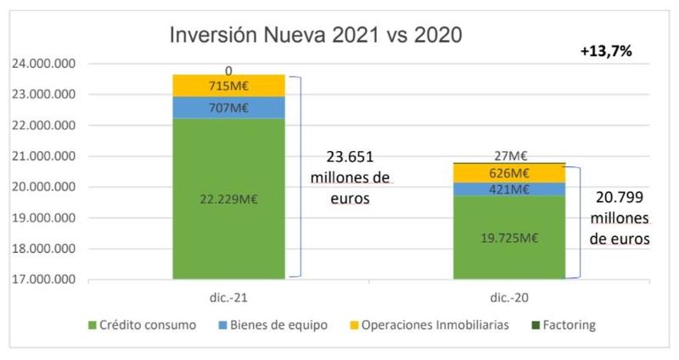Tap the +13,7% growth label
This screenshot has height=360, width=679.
coord(606,52)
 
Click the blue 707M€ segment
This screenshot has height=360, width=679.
coord(229,107)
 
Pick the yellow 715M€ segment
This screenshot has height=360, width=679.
coord(229,86)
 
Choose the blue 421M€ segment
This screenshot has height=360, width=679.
coord(509,189)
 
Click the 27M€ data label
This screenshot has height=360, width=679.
coord(510,155)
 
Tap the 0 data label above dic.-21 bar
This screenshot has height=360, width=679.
coord(228,70)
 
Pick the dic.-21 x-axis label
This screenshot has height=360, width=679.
coord(228,298)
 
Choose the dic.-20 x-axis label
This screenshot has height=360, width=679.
coord(509,298)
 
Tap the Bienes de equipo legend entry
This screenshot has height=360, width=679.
coord(281,325)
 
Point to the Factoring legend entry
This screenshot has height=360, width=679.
coord(565,325)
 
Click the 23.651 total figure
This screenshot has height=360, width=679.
coord(351,158)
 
